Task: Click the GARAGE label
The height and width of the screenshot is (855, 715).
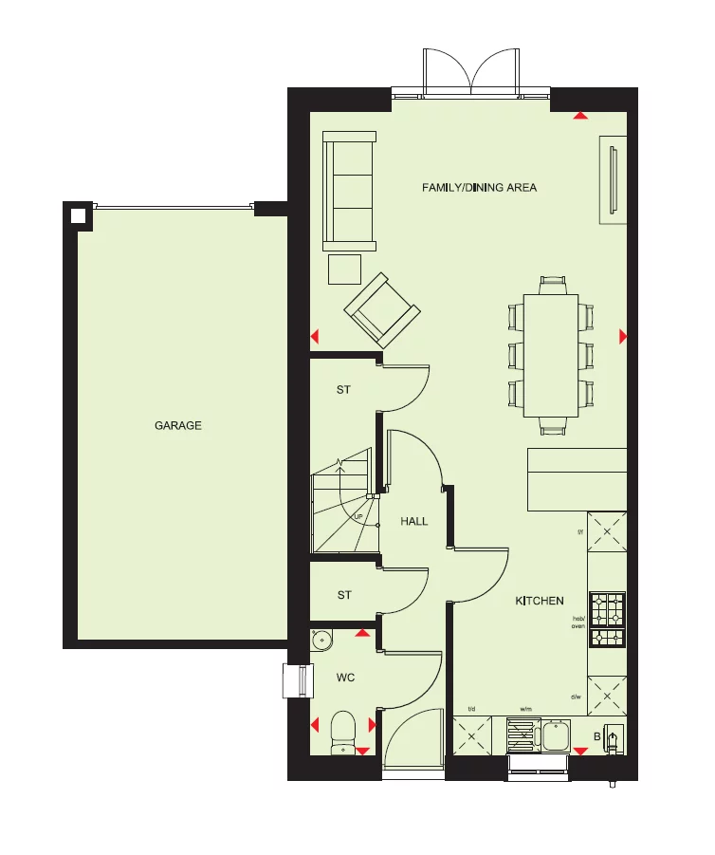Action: pos(178,426)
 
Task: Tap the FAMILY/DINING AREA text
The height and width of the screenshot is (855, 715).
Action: pos(479,188)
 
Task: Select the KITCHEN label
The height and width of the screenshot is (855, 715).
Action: pos(540,601)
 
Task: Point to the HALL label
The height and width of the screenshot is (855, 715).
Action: pos(413,522)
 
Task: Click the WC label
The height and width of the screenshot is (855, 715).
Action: pos(345,679)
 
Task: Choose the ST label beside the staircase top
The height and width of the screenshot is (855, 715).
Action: pos(344,390)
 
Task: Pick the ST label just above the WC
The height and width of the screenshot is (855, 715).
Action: pos(344,595)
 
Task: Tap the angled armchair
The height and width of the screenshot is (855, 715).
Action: pos(382,309)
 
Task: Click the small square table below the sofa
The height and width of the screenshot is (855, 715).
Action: pos(344,270)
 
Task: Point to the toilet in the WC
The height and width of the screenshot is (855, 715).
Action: pos(342,733)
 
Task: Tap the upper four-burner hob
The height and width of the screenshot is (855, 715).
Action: pos(608,607)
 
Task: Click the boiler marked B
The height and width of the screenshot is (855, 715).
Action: pos(612,737)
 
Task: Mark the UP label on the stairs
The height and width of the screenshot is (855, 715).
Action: pos(358,517)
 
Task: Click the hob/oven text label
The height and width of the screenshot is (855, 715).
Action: pos(577,623)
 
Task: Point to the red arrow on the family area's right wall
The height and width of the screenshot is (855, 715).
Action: pos(623,336)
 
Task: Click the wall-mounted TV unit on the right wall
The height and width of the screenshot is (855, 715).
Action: pos(613,179)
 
